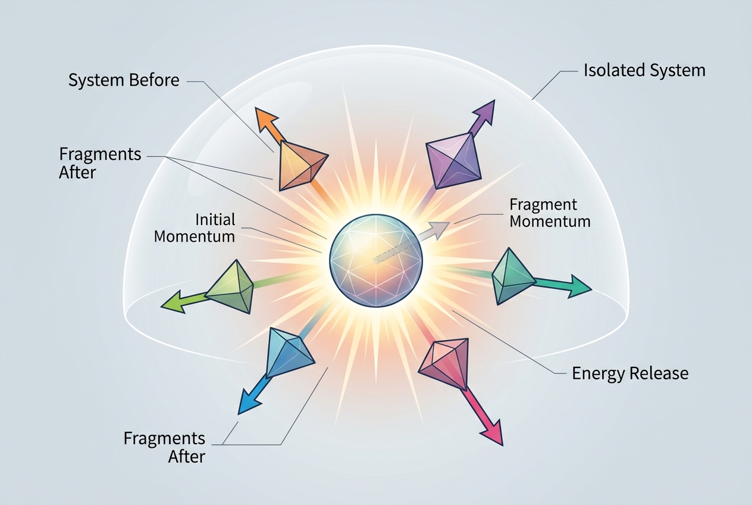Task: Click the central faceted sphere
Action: [376, 261]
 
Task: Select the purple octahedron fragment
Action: [453, 161]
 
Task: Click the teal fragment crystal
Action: [512, 276]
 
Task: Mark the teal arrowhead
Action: [579, 286]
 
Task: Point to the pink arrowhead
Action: [493, 434]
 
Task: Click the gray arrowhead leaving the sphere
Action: [440, 229]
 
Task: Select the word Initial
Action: [215, 220]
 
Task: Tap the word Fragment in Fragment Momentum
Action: [543, 205]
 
